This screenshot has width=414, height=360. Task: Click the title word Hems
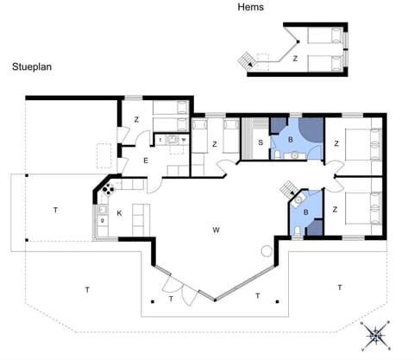[250, 7]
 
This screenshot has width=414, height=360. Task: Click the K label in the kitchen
[120, 212]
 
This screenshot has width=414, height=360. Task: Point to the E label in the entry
[145, 160]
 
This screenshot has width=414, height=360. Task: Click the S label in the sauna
[260, 143]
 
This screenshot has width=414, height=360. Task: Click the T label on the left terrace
[54, 210]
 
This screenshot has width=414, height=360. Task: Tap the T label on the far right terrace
[340, 287]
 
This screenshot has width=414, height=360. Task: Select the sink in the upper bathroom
[294, 155]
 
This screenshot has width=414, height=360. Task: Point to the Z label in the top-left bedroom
[136, 120]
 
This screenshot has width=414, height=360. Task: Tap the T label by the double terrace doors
[171, 299]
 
